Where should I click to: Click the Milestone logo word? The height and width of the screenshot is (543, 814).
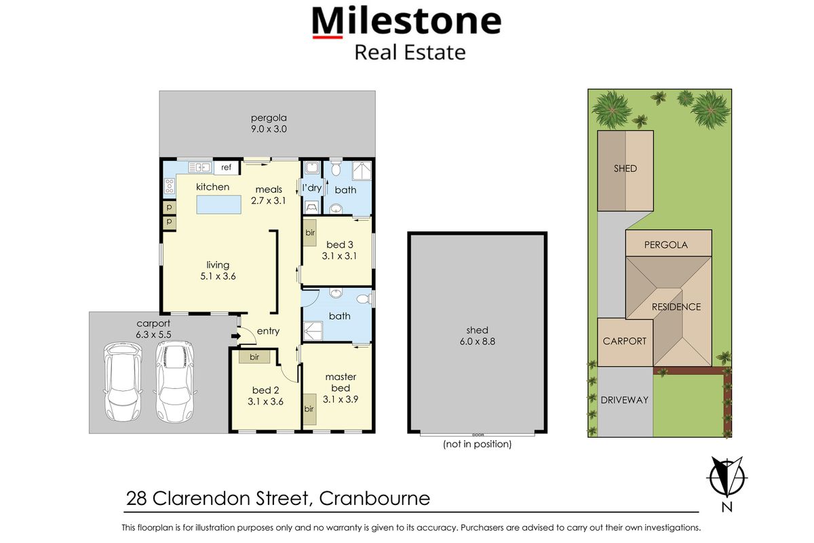[x=406, y=22]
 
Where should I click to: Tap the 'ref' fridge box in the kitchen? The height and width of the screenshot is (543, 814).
[x=226, y=168]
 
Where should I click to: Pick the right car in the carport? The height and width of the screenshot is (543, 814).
[x=174, y=381]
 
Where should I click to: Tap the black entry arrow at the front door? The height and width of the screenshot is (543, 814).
[x=235, y=335]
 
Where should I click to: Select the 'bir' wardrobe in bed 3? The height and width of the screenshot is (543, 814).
[x=309, y=233]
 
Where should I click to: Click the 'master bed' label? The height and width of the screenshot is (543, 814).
[x=340, y=382]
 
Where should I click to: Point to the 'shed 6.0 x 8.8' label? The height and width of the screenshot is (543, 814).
[x=477, y=336]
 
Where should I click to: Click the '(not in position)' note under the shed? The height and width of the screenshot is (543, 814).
[x=477, y=445]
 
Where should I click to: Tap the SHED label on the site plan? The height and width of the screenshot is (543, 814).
[x=625, y=168]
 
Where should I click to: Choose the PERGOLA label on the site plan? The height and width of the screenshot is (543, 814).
[x=665, y=244]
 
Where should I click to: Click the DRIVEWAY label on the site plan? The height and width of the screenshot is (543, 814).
[x=624, y=400]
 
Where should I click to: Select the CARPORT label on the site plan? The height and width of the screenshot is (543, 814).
[x=625, y=341]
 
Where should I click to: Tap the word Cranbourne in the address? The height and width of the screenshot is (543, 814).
[x=374, y=499]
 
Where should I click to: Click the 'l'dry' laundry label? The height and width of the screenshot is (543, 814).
[x=311, y=188]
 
